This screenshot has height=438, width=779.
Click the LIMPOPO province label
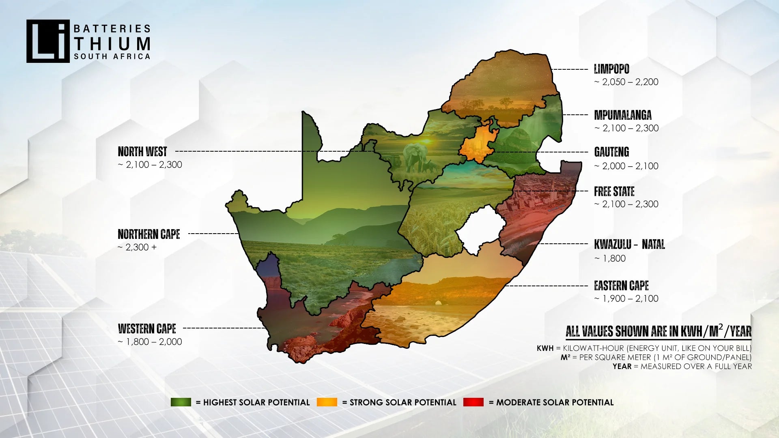[x=611, y=69]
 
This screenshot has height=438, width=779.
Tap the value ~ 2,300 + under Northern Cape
[x=137, y=247]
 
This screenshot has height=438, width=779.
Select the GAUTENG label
[x=611, y=152]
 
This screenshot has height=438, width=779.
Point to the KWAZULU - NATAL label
[x=629, y=244]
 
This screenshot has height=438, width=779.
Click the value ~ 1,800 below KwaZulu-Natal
[x=610, y=258]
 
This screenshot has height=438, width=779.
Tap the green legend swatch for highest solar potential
[x=181, y=402]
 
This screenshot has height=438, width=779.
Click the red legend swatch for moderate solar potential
[x=473, y=402]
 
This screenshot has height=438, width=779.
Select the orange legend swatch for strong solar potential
[x=327, y=402]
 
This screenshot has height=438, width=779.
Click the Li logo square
[x=48, y=41]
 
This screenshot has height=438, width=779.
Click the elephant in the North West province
[x=415, y=157]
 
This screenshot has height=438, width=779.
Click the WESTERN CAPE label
[x=147, y=328]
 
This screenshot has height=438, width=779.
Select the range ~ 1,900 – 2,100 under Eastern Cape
[x=626, y=299]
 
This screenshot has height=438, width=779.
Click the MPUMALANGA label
[x=622, y=115]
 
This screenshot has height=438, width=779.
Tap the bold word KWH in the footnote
[x=545, y=348]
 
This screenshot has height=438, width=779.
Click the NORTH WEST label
[x=142, y=152]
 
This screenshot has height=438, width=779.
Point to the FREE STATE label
[x=614, y=191]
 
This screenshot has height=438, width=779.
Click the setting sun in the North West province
[x=426, y=141]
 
